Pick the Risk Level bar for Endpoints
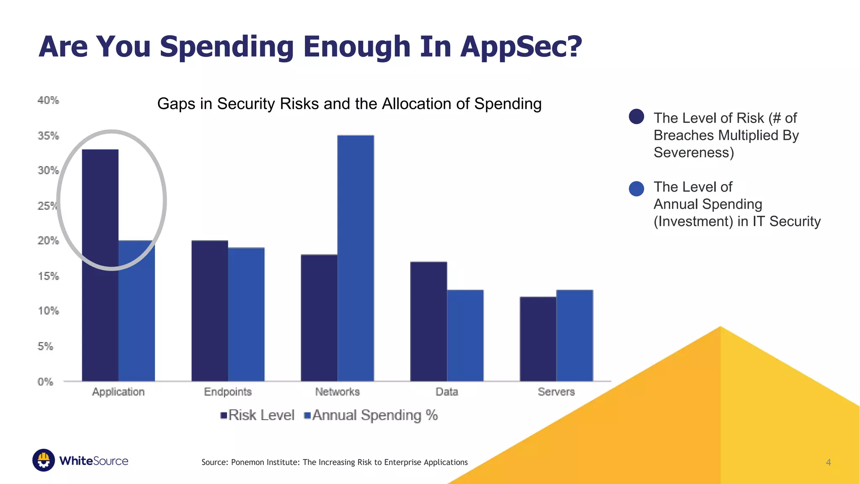click(x=210, y=311)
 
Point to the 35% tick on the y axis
click(x=48, y=136)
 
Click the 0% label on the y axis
click(x=45, y=381)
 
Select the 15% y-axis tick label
click(x=48, y=276)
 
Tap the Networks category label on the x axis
click(x=337, y=392)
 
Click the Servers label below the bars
click(x=556, y=392)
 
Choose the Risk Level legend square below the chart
click(x=224, y=416)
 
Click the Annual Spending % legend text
click(x=375, y=415)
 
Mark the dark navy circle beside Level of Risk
click(x=636, y=116)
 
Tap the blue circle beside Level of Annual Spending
click(x=636, y=189)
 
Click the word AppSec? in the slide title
click(x=521, y=46)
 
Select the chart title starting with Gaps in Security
click(x=349, y=104)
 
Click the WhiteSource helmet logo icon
click(x=44, y=460)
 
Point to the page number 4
click(x=828, y=462)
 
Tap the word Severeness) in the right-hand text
click(x=694, y=153)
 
